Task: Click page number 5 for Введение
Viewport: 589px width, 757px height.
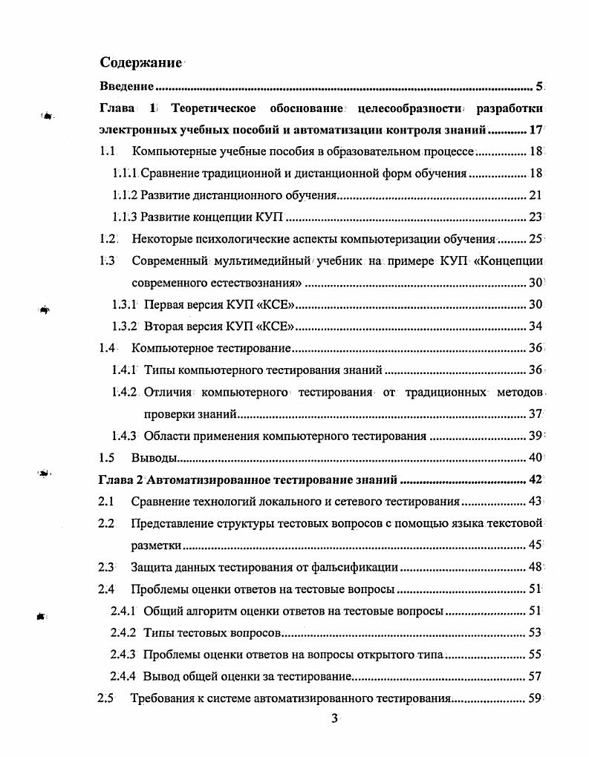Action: coord(539,86)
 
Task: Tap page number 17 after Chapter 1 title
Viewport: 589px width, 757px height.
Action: coord(536,130)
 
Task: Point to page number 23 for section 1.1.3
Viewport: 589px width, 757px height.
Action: coord(536,217)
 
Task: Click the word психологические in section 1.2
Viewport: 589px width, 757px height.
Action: coord(253,239)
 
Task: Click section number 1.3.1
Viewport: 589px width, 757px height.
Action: coord(125,304)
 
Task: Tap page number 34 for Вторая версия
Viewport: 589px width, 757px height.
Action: coord(536,327)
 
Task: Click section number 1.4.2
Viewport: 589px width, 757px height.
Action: coord(124,392)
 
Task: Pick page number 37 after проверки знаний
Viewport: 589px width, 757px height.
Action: coord(536,413)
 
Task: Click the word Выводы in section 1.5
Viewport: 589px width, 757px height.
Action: coord(154,457)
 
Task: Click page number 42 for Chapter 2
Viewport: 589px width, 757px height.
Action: coord(536,479)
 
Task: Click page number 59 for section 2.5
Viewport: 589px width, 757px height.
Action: coord(536,698)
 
